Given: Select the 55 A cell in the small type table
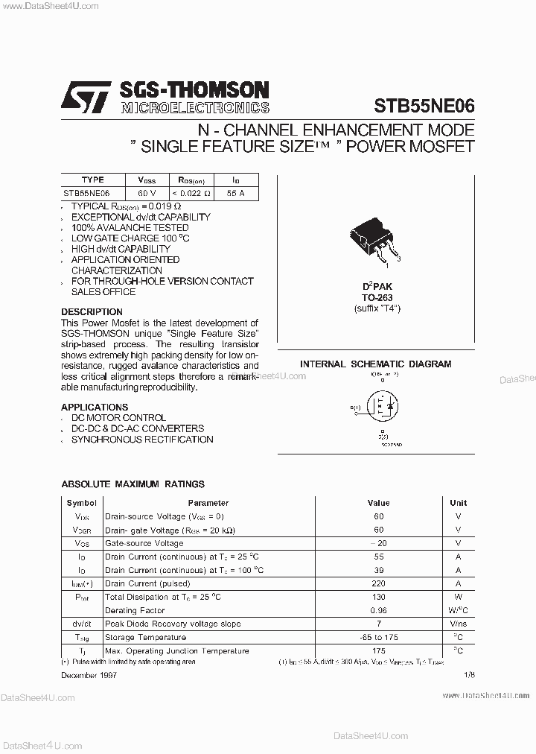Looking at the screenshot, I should pos(234,193).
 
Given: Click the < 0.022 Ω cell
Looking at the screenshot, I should pos(192,193).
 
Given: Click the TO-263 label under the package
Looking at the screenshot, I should pos(377,297).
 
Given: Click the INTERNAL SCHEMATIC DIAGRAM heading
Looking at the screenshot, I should pos(375,364).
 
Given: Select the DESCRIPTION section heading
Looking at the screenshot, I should pos(92,312).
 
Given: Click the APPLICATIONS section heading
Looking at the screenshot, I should pos(95,408).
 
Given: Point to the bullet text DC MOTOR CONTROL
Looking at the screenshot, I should pos(118,418).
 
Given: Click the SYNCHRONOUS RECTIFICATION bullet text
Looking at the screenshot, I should pos(142,440).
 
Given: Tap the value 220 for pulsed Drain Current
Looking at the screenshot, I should pos(378,583).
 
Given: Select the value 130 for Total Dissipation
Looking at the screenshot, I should pos(378,597).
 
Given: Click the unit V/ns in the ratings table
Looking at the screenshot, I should pos(458,624).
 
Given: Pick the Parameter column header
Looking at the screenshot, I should pos(208,503).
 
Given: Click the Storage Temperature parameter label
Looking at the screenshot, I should pos(145,637).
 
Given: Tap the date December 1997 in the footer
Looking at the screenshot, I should pos(89,674).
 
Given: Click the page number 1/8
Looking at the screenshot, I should pos(468,674).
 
